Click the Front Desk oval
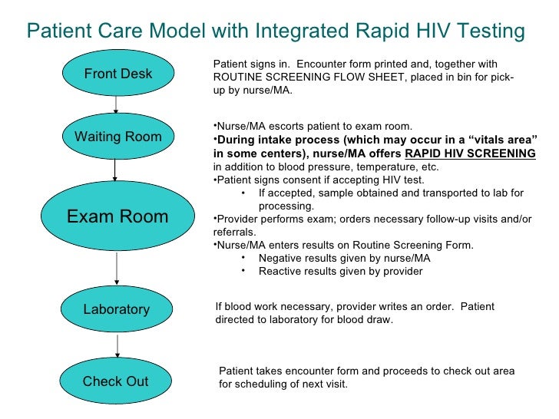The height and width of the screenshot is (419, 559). [117, 74]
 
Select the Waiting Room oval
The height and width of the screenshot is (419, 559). [117, 137]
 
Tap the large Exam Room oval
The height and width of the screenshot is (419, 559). [117, 216]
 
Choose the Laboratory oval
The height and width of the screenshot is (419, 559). [117, 309]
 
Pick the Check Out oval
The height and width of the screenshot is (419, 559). [116, 381]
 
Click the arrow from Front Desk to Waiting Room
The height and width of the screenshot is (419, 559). [116, 105]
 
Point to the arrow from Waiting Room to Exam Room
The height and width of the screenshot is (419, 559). [115, 170]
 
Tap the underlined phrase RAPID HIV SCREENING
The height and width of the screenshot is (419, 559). [470, 153]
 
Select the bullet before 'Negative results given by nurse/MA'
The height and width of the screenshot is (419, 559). [243, 259]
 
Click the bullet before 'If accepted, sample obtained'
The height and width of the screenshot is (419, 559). [243, 193]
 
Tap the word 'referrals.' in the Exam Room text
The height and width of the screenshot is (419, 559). [235, 232]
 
